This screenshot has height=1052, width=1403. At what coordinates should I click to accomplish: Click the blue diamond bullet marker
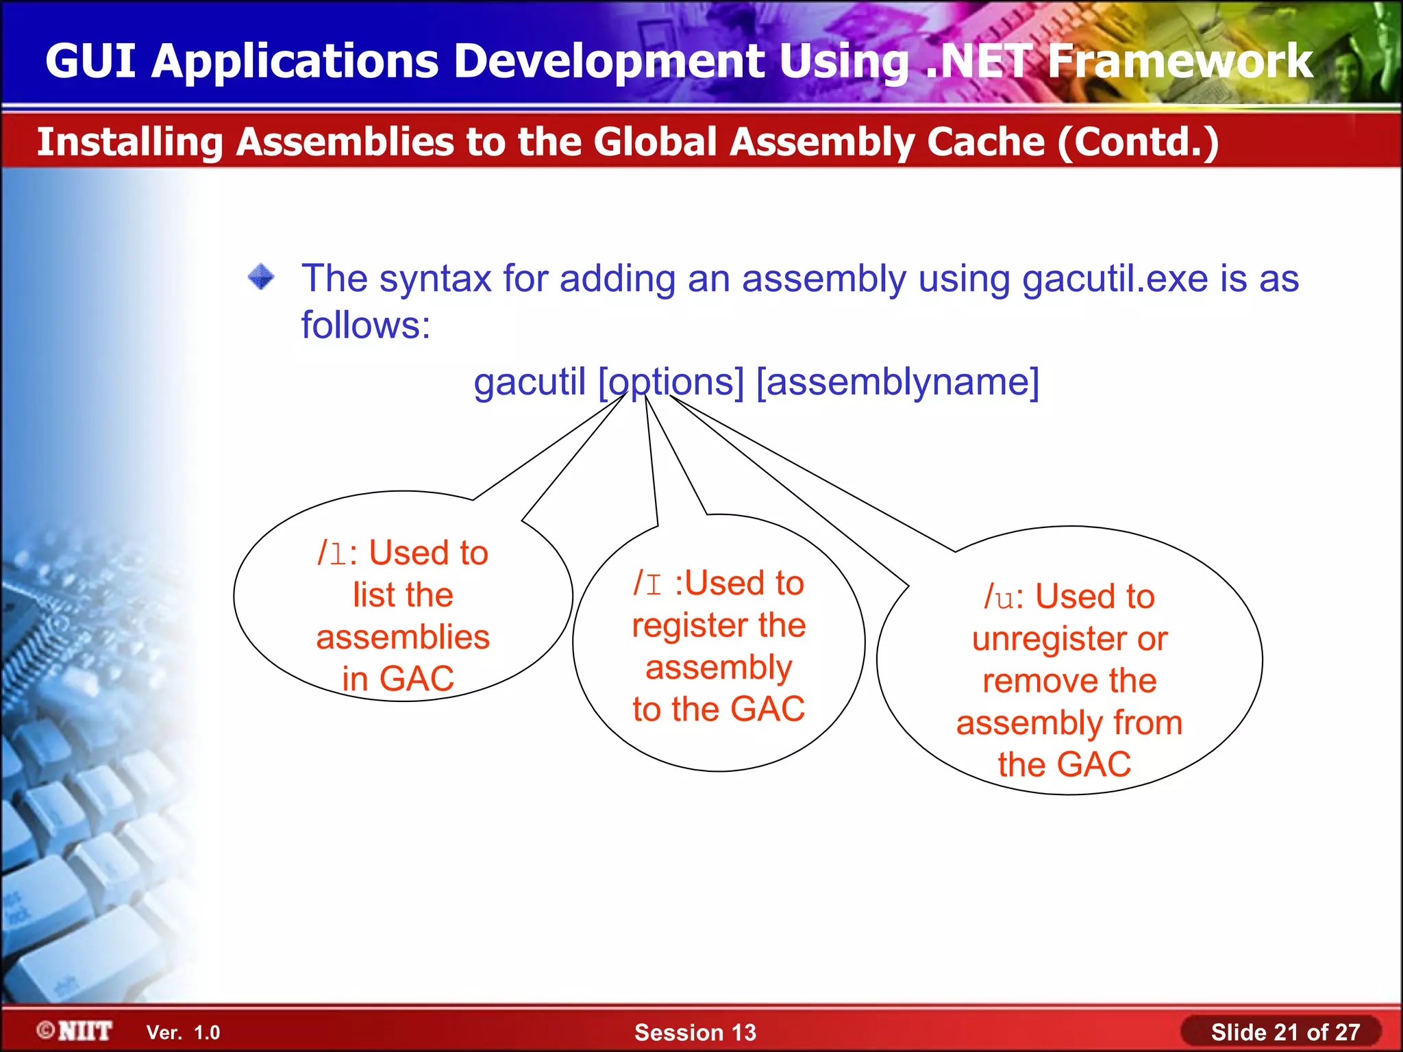pyautogui.click(x=261, y=277)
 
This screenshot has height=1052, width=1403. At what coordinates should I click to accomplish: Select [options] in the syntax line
pyautogui.click(x=671, y=381)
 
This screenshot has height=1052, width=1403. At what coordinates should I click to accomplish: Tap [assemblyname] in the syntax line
pyautogui.click(x=897, y=381)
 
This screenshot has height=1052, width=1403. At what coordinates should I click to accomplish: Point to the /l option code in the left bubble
pyautogui.click(x=332, y=553)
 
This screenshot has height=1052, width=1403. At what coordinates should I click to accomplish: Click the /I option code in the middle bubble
pyautogui.click(x=647, y=584)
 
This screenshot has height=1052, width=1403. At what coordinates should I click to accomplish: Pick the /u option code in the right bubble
pyautogui.click(x=999, y=597)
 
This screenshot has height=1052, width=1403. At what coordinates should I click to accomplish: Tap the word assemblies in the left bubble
pyautogui.click(x=403, y=637)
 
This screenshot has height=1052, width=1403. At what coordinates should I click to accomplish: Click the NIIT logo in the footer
pyautogui.click(x=75, y=1031)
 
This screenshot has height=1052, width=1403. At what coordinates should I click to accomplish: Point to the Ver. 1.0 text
pyautogui.click(x=183, y=1032)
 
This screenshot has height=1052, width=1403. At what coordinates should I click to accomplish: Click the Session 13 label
pyautogui.click(x=695, y=1032)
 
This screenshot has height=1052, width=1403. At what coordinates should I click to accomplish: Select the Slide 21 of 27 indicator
pyautogui.click(x=1284, y=1032)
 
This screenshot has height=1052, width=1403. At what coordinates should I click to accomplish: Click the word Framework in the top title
pyautogui.click(x=1180, y=61)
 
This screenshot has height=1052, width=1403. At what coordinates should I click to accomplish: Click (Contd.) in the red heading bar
pyautogui.click(x=1138, y=142)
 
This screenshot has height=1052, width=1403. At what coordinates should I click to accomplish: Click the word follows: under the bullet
pyautogui.click(x=366, y=325)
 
